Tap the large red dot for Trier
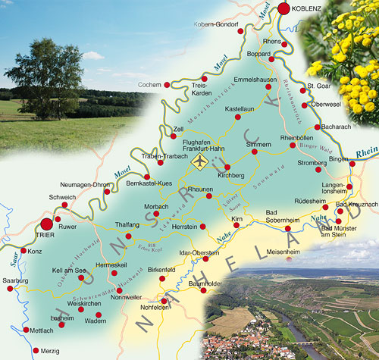pyautogui.click(x=47, y=224)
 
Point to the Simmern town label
pyautogui.click(x=258, y=144)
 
